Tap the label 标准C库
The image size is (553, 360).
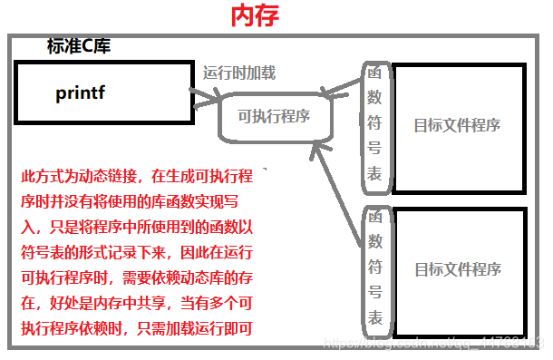[79, 46]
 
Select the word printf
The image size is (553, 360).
[82, 92]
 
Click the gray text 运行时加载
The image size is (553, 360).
[240, 73]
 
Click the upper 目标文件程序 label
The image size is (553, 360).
[457, 125]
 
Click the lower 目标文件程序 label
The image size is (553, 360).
[457, 269]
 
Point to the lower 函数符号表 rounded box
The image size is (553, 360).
[374, 269]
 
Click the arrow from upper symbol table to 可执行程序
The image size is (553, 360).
[343, 88]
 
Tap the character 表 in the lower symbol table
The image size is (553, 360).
[374, 317]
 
